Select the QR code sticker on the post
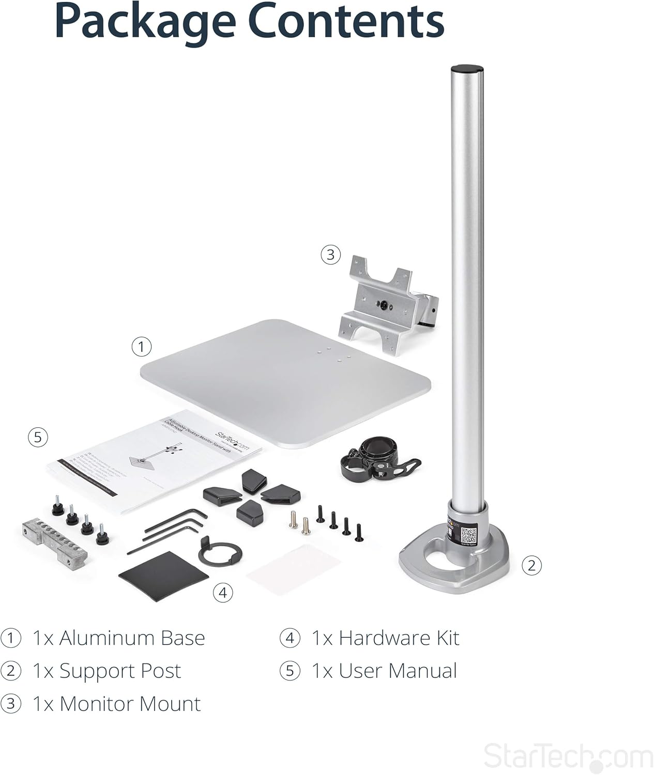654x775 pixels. pyautogui.click(x=468, y=535)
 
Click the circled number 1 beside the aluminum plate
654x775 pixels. pyautogui.click(x=142, y=347)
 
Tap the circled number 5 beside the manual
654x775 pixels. pyautogui.click(x=38, y=437)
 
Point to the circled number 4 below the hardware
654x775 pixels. pyautogui.click(x=223, y=592)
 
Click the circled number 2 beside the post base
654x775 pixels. pyautogui.click(x=531, y=565)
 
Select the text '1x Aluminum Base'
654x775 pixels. pyautogui.click(x=118, y=638)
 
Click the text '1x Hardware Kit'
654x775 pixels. pyautogui.click(x=385, y=638)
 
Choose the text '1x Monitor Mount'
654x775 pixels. pyautogui.click(x=116, y=704)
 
